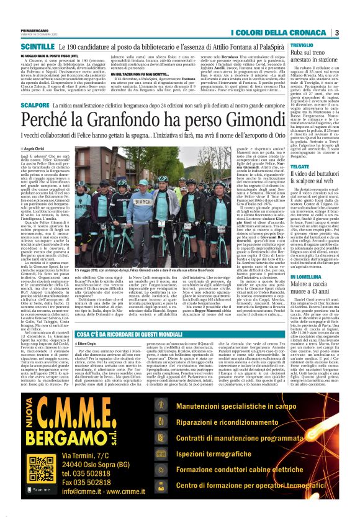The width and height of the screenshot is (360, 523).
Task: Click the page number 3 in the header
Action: pos(336,32)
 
